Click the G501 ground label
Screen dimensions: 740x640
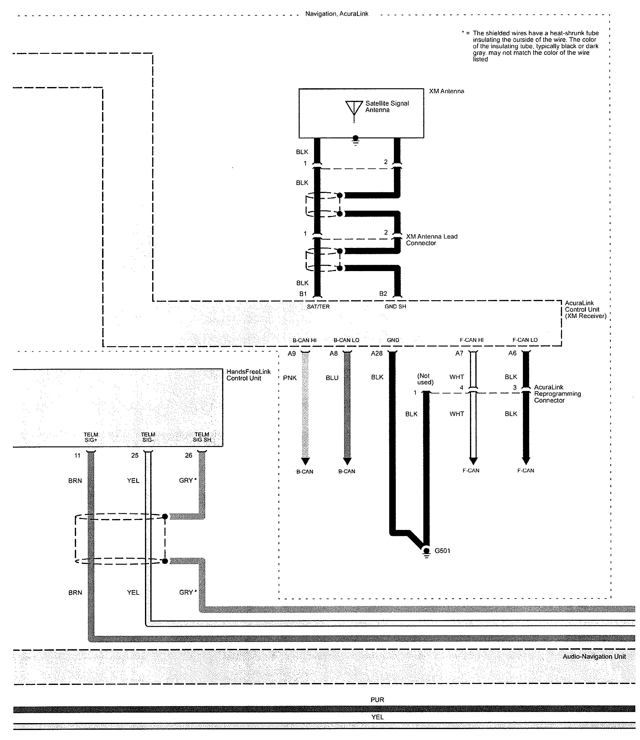(x=442, y=551)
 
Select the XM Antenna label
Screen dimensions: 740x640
(x=446, y=91)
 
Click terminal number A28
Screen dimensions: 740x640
(x=377, y=353)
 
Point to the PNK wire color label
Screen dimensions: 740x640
(x=290, y=378)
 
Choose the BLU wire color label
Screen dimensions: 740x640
(x=332, y=378)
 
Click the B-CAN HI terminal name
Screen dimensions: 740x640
(x=304, y=340)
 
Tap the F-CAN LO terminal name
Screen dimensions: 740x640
(x=525, y=340)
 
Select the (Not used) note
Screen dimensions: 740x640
(x=425, y=379)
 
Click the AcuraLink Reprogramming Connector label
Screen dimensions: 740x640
(x=557, y=393)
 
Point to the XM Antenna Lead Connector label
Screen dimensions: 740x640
(x=431, y=240)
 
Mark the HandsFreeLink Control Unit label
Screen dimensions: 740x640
(x=248, y=375)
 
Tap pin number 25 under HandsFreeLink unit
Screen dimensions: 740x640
(x=135, y=455)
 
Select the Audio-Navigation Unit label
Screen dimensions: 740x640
(x=594, y=656)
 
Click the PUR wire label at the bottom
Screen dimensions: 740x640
(x=377, y=700)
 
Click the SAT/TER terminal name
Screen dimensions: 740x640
(x=318, y=306)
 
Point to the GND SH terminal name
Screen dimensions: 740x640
(x=395, y=306)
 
